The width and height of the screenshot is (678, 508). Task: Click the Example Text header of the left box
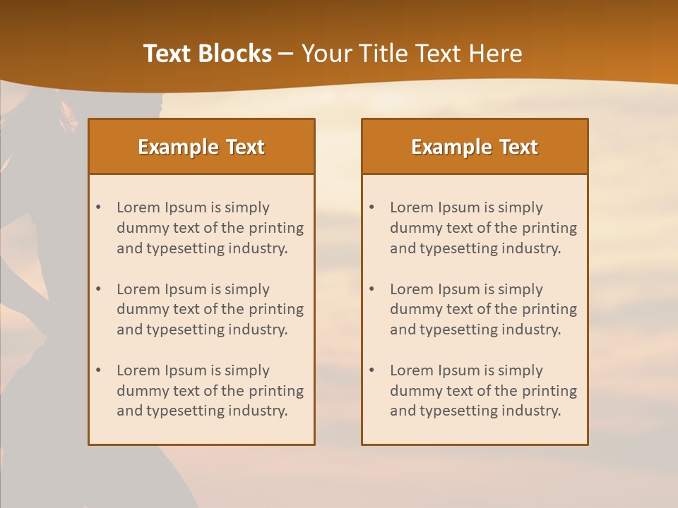201,147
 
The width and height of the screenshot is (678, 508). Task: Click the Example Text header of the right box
475,147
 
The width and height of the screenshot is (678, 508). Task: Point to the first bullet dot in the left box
99,207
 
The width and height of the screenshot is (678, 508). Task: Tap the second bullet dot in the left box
99,289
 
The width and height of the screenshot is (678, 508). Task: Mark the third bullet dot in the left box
99,370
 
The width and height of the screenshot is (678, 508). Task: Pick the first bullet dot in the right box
372,207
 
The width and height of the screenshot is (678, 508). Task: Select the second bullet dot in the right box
372,289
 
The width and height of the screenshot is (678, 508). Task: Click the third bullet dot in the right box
372,370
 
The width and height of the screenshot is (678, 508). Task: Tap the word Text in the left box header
245,147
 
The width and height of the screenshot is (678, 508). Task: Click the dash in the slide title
286,54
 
